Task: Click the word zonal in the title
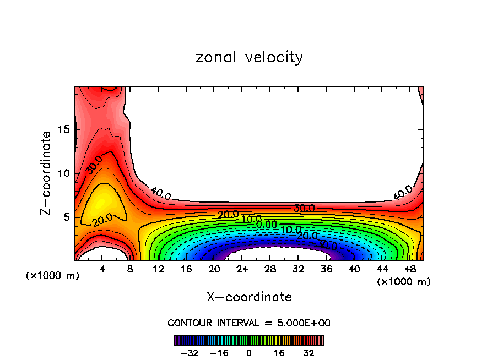tap(215, 57)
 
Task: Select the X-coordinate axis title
tap(249, 297)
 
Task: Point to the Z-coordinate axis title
tap(47, 173)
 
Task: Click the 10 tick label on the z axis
tap(63, 173)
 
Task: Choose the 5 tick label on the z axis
tap(67, 217)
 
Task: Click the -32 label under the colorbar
tap(189, 352)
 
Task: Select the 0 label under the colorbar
tap(249, 352)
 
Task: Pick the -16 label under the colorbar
tap(219, 352)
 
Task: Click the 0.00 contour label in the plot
tap(267, 224)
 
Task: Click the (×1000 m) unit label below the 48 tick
tap(404, 282)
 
